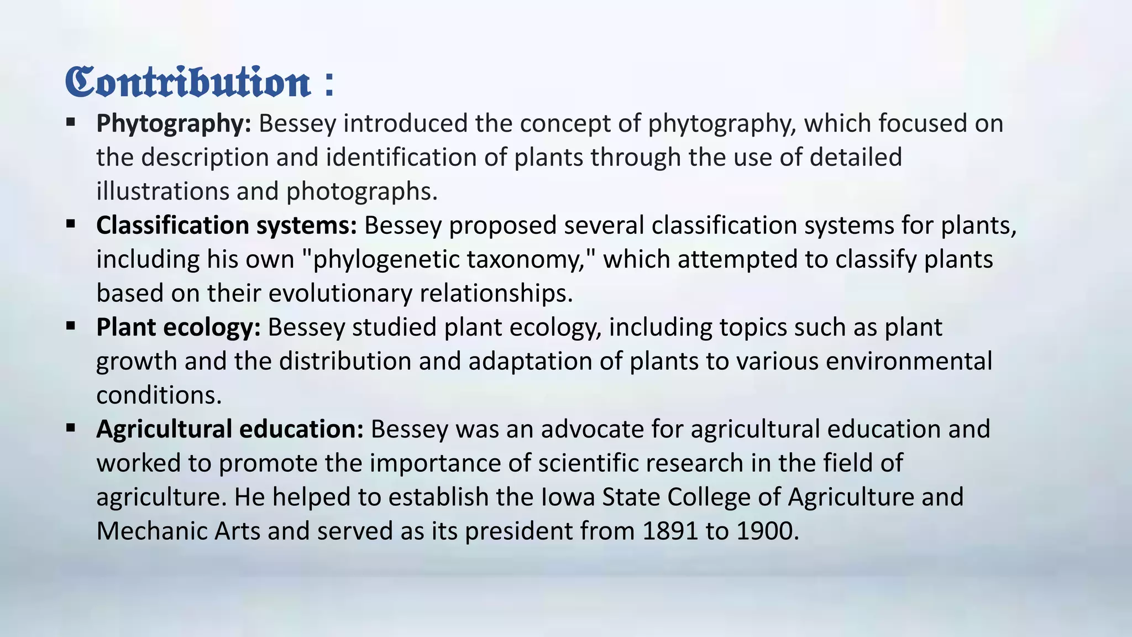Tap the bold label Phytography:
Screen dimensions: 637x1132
(x=174, y=123)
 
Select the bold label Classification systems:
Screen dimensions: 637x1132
(x=227, y=226)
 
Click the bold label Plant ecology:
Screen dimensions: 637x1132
(x=178, y=327)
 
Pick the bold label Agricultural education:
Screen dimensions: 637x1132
(x=229, y=429)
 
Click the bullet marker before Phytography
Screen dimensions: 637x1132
(x=70, y=122)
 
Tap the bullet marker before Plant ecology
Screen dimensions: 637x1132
(x=70, y=326)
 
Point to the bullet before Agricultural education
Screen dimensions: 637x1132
(x=70, y=427)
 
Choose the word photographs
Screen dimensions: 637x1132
(x=361, y=191)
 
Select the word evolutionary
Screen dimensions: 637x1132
(x=340, y=293)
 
